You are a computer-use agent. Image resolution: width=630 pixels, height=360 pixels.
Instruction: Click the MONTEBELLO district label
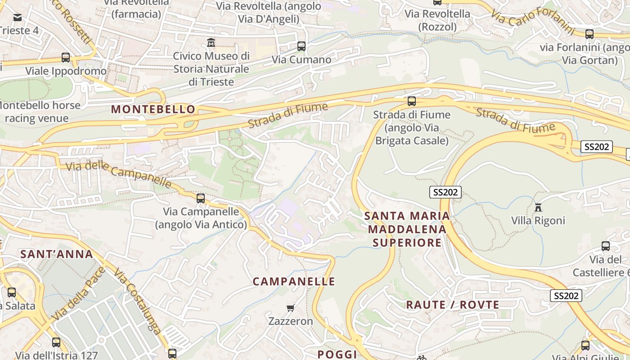pyautogui.click(x=153, y=109)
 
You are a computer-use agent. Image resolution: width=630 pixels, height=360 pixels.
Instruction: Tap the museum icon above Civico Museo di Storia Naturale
pyautogui.click(x=211, y=43)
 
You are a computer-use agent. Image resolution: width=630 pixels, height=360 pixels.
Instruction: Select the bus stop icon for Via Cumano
pyautogui.click(x=301, y=46)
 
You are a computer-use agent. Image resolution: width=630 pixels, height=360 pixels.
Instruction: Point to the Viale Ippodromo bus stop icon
pyautogui.click(x=66, y=58)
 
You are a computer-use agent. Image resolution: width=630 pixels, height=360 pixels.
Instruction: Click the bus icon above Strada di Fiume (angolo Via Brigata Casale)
pyautogui.click(x=412, y=101)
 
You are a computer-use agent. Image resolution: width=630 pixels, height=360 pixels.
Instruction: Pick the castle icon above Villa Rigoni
pyautogui.click(x=538, y=207)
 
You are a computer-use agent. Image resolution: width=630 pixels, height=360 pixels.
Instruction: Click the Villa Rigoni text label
pyautogui.click(x=538, y=220)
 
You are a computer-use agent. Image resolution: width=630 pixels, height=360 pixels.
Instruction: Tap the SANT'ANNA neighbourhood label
pyautogui.click(x=57, y=254)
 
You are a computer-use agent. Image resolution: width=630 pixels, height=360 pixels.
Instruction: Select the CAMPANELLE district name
pyautogui.click(x=294, y=282)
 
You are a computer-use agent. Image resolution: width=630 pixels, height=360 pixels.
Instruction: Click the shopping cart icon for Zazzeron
pyautogui.click(x=291, y=308)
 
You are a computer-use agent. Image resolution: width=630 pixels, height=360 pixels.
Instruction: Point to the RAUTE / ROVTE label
pyautogui.click(x=453, y=305)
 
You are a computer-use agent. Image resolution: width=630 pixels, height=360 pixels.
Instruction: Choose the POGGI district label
pyautogui.click(x=337, y=354)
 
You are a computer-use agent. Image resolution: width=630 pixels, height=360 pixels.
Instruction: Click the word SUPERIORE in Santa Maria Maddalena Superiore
pyautogui.click(x=407, y=243)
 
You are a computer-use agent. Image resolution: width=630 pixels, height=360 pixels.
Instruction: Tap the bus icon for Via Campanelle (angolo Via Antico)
pyautogui.click(x=201, y=198)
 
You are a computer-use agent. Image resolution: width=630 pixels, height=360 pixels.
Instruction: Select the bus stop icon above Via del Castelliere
pyautogui.click(x=606, y=246)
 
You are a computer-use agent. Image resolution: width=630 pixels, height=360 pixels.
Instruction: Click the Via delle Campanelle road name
pyautogui.click(x=119, y=174)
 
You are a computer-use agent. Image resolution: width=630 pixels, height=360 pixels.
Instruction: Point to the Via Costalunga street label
pyautogui.click(x=137, y=301)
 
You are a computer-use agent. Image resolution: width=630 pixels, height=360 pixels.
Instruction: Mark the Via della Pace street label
pyautogui.click(x=79, y=294)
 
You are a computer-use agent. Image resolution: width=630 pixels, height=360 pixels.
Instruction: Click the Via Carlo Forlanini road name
pyautogui.click(x=533, y=20)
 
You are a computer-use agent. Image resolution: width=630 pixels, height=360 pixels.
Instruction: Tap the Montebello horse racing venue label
pyautogui.click(x=40, y=112)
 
